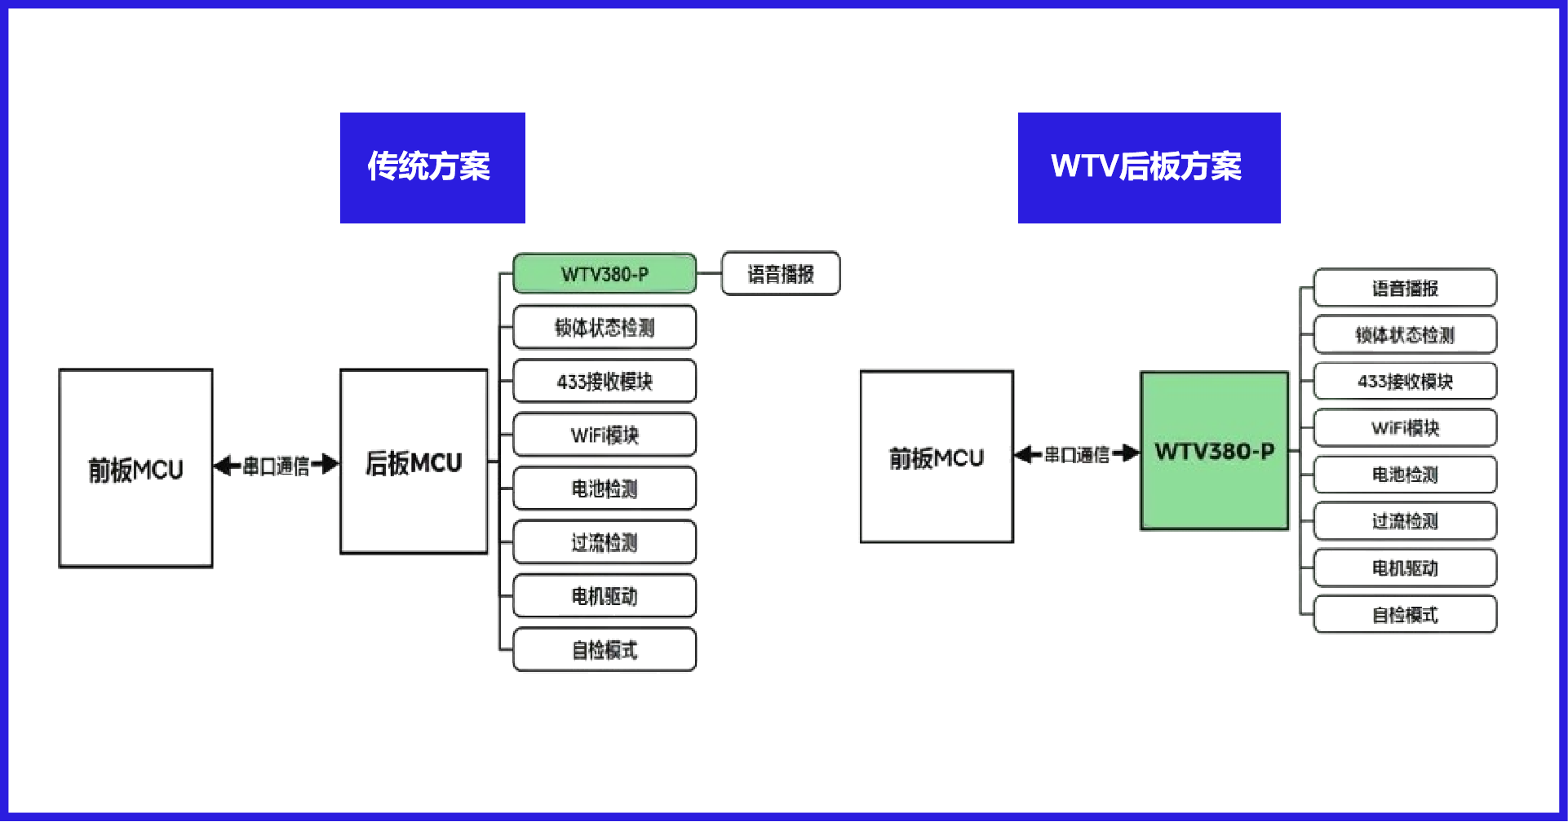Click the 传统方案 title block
432,167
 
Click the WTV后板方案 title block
1149,167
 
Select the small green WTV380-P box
605,274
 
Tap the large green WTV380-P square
1214,451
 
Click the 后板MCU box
414,463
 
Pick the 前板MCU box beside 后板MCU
135,468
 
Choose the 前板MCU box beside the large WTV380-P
937,457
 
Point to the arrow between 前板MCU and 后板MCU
276,466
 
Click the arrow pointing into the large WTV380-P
1077,454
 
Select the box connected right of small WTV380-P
781,273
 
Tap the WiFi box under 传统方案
605,435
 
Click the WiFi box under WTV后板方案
1405,428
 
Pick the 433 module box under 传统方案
605,381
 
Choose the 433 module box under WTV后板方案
1405,381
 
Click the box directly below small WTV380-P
605,328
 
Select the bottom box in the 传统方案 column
605,650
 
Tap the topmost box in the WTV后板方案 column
1405,288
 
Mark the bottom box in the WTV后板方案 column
1405,614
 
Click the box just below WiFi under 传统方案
605,488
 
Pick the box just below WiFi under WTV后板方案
1405,475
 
